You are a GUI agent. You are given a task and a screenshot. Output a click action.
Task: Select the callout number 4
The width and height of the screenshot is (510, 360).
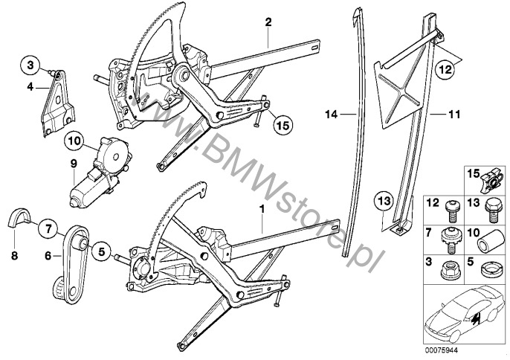(x=30, y=86)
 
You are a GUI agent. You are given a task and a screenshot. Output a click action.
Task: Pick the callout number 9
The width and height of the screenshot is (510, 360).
(x=74, y=164)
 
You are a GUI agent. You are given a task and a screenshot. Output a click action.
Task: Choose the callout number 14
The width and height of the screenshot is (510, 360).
(x=331, y=114)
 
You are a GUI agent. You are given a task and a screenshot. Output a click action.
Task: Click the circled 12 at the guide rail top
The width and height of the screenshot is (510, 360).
(x=443, y=70)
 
